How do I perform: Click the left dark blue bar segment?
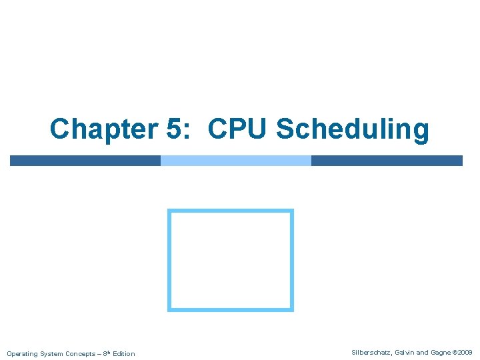tap(85, 160)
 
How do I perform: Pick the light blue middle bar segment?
tap(236, 160)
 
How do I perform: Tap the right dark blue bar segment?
tap(387, 160)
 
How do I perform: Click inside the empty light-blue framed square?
tap(231, 260)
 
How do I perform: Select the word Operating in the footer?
tap(21, 353)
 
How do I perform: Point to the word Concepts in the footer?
tap(80, 353)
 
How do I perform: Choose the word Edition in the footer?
tap(124, 353)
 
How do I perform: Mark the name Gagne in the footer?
tap(441, 352)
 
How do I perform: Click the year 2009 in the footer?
tap(465, 352)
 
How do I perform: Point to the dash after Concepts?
tap(99, 353)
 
